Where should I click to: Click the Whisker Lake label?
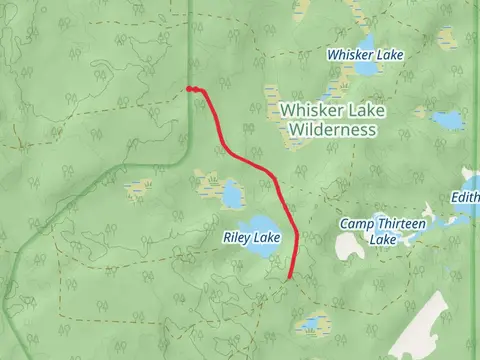tap(365, 55)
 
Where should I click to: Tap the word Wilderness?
tap(331, 130)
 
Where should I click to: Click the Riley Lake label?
tap(251, 237)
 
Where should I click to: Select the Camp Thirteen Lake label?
tap(383, 230)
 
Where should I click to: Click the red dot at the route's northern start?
tap(190, 89)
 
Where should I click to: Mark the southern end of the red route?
tap(289, 277)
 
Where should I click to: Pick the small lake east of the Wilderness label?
tap(448, 120)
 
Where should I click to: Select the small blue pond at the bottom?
tap(313, 324)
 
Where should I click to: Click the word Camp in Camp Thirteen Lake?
tap(357, 224)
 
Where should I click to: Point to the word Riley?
tap(236, 237)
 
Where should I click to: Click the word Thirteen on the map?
tap(402, 224)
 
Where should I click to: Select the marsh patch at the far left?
tap(139, 186)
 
